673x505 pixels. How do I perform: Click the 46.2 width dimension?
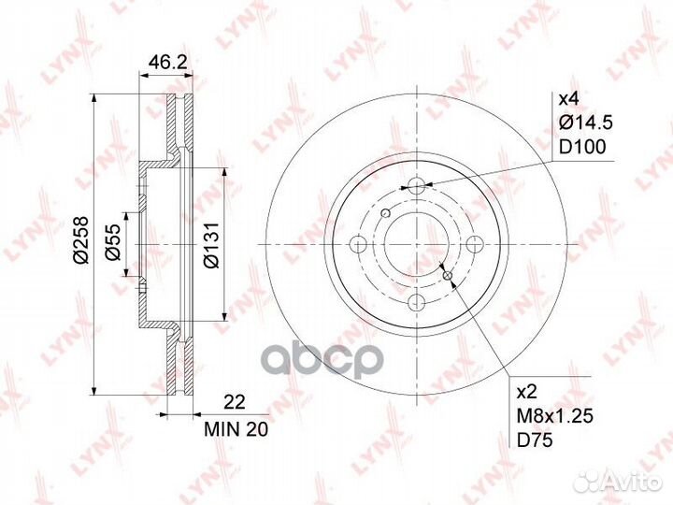tap(168, 63)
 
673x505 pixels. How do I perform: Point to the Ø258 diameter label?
tap(80, 239)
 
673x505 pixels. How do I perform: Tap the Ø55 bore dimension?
tap(113, 242)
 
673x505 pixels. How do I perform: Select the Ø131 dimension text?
tap(211, 245)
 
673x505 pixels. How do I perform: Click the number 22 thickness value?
tap(235, 402)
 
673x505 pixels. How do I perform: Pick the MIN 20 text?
tap(236, 429)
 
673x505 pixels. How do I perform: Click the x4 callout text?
tap(568, 100)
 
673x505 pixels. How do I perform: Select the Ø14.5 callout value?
tap(585, 123)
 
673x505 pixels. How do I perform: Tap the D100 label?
tap(582, 147)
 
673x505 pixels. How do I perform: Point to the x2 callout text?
tap(527, 392)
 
